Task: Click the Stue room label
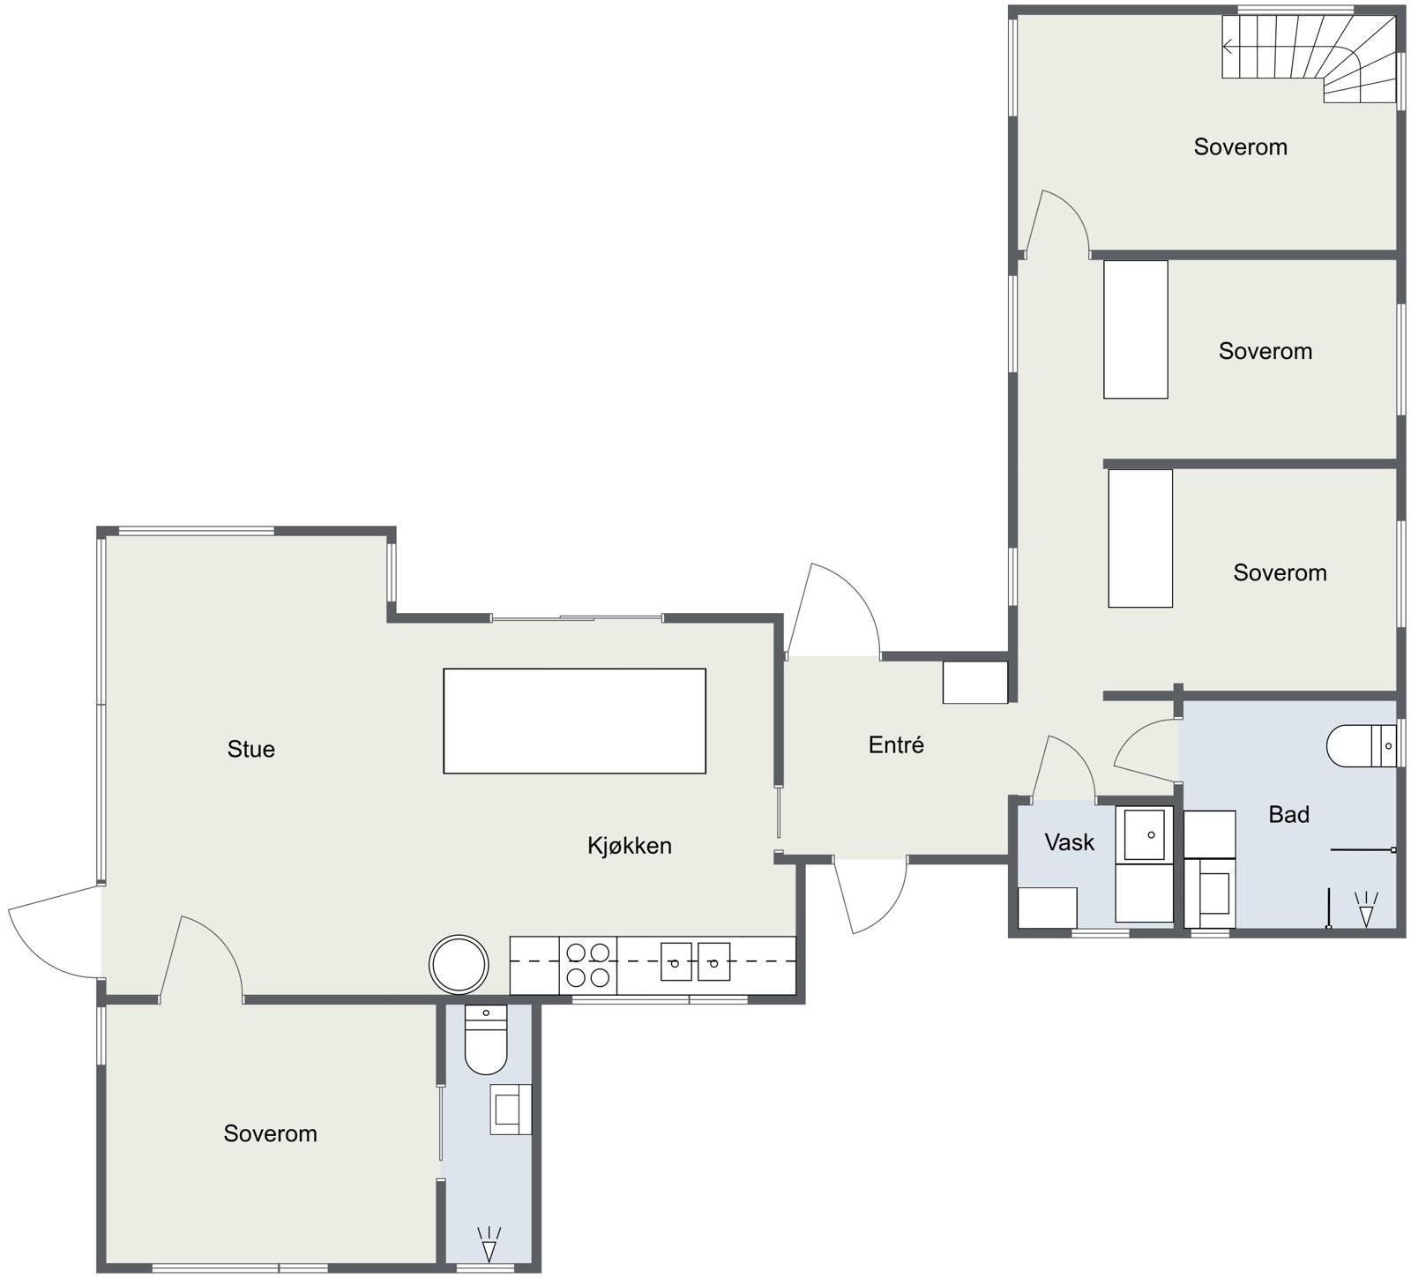251,750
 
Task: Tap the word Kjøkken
630,846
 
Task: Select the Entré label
896,745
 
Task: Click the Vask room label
1069,842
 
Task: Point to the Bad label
1288,815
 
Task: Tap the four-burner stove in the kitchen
587,965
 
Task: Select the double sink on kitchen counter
696,961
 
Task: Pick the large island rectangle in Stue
574,721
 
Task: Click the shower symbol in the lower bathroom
488,1244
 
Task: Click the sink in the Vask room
1144,833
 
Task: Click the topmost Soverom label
1240,147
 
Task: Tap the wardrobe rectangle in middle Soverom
1135,329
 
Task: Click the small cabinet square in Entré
974,683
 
